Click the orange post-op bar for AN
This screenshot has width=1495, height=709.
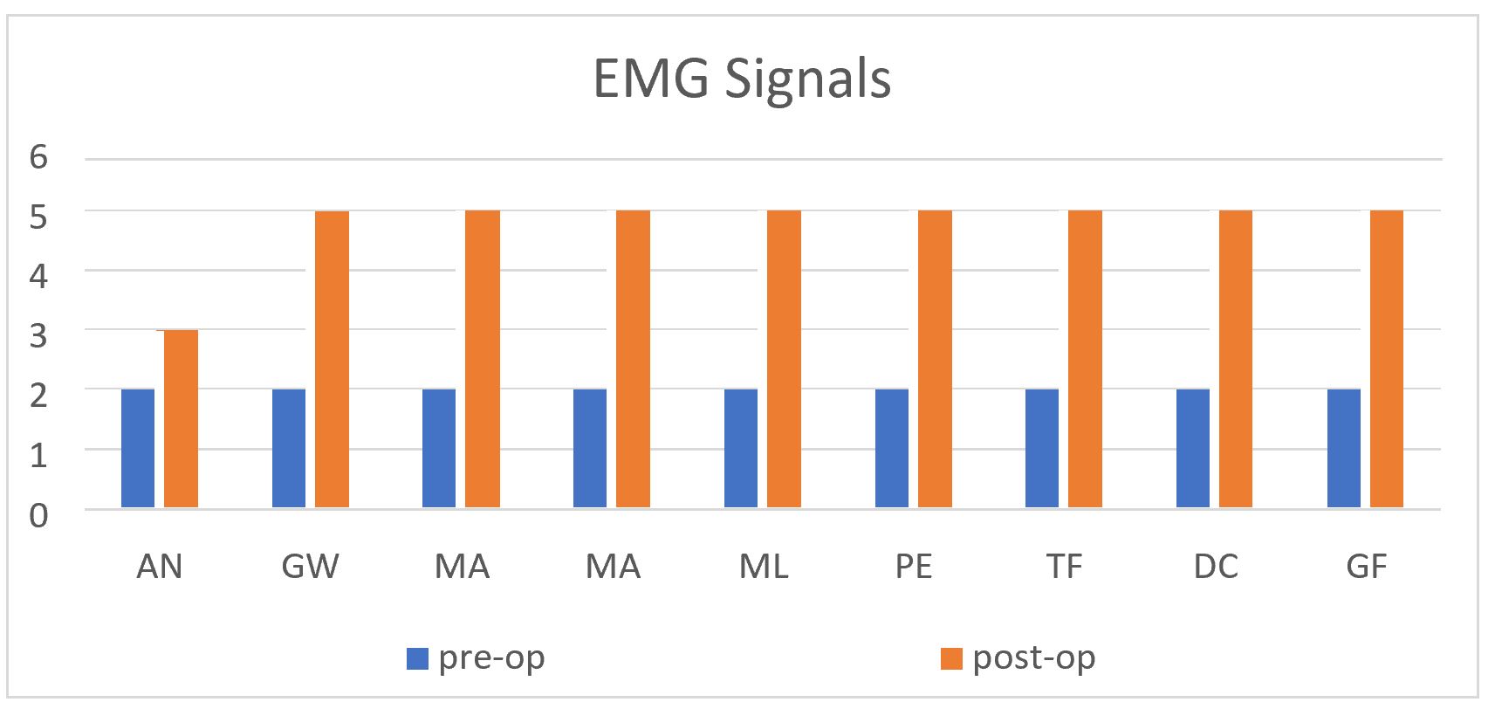182,419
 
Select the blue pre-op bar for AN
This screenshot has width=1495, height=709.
138,448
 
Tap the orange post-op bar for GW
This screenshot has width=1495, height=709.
332,359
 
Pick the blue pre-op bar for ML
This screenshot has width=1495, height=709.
741,448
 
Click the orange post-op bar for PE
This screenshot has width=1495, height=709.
935,359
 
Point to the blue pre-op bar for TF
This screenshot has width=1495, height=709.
1042,448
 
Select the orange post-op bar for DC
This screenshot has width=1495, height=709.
1236,359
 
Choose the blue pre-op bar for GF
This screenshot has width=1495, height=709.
1344,448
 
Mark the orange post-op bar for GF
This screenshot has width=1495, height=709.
1387,359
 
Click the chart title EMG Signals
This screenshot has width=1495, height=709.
743,79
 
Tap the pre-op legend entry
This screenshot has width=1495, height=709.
477,657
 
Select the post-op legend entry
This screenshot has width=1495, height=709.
1018,657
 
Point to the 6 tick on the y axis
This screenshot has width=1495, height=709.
38,158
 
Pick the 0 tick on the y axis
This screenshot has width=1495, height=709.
38,515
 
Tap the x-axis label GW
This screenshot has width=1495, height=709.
310,568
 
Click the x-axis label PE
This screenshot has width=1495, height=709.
914,568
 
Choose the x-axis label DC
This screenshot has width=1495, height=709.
1215,568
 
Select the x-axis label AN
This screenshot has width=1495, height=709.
160,568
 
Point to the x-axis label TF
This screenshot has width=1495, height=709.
1064,568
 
